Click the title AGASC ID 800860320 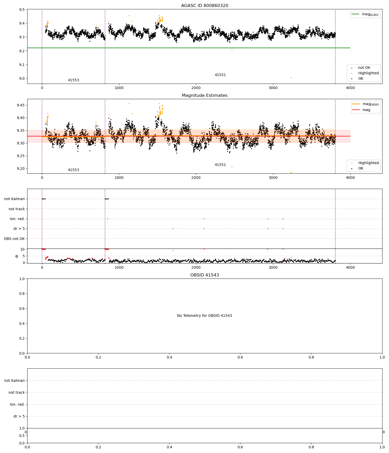pos(205,6)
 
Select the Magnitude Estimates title pos(205,96)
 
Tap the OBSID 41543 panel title pos(205,275)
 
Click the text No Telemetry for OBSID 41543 pos(205,316)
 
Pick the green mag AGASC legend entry pos(365,14)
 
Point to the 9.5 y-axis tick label pos(22,10)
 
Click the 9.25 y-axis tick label pos(21,156)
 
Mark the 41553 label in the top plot pos(73,80)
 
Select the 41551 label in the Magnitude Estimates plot pos(220,165)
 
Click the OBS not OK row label pos(14,239)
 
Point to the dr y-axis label pos(17,256)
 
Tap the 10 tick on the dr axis pos(23,250)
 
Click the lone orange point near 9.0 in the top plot pos(291,78)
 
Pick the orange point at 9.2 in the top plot pos(232,50)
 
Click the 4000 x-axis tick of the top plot pos(350,88)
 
